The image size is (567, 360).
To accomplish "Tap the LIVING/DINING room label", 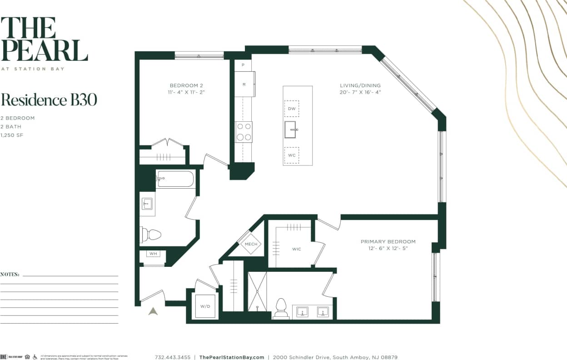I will tap(360, 85).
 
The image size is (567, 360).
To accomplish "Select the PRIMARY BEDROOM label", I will tap(388, 242).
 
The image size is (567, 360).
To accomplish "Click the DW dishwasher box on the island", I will tap(291, 109).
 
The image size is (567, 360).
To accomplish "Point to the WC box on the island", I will tap(291, 155).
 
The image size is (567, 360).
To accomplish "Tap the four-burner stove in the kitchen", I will tap(244, 132).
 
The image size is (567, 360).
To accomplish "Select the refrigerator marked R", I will tap(244, 84).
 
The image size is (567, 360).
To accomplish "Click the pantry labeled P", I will tap(243, 65).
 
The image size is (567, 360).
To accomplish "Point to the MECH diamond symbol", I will tap(251, 244).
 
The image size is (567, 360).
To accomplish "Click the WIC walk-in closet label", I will tap(296, 249).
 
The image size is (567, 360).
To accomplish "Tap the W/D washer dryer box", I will tap(205, 306).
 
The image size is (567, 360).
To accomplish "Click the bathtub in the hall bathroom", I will tap(175, 179).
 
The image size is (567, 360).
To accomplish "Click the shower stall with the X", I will tap(257, 291).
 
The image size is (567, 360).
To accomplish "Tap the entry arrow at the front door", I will tap(153, 311).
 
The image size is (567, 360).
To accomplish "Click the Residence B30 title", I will tap(49, 100).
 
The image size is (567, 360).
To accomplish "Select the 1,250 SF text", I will tap(11, 135).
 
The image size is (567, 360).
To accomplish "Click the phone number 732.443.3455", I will tap(173, 357).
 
